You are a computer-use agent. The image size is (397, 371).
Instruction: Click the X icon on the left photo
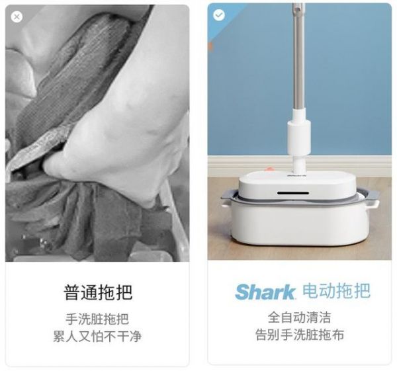coord(17,17)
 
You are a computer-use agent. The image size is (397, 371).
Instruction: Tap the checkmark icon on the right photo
coord(219,15)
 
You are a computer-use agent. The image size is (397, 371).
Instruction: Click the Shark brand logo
coord(265,292)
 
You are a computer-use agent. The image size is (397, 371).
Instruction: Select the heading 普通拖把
coord(98,292)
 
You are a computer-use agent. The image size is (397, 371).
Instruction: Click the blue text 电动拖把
coord(337,291)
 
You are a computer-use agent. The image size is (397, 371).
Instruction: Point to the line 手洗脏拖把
coord(97,319)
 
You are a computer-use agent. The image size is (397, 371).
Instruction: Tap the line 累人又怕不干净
coord(97,337)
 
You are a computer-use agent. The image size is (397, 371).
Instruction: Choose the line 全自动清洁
coord(300,317)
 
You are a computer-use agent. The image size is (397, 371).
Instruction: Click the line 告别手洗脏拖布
coord(300,335)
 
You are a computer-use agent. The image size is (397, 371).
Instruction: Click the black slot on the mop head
coord(293,193)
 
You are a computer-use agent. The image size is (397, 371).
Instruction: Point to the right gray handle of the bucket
coord(371,196)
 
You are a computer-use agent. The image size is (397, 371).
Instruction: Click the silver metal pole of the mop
coord(299,56)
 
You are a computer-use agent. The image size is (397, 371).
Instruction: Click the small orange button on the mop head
coord(270,169)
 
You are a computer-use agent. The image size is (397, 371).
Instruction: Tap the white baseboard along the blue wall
coord(300,166)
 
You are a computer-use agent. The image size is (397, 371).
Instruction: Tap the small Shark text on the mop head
coord(296,175)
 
